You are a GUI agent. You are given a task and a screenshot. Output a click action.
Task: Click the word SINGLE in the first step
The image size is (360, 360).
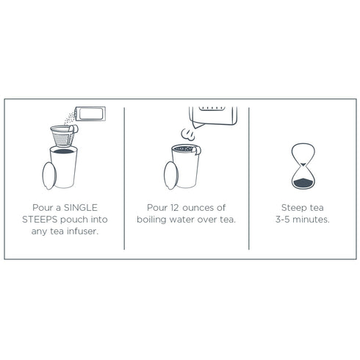click(80, 208)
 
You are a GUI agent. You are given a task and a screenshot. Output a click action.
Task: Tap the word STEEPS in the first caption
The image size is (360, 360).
click(40, 220)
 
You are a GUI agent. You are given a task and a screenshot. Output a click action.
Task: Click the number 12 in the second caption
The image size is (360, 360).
click(175, 208)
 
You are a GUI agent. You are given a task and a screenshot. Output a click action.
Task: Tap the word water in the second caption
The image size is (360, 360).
click(181, 220)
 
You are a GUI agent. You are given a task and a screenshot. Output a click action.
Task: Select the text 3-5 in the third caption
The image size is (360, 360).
click(283, 220)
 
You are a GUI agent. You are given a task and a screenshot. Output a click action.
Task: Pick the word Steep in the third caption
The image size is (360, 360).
click(294, 208)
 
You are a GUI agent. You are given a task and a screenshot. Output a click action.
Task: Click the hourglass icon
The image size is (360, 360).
click(303, 166)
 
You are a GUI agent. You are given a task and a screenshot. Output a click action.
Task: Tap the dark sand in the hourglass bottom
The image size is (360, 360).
click(303, 183)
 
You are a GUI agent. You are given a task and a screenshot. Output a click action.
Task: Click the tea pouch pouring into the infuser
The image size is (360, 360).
click(90, 114)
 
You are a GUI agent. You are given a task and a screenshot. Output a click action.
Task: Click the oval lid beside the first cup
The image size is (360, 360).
click(49, 176)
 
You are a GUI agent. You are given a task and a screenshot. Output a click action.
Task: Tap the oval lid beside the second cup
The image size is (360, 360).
click(171, 176)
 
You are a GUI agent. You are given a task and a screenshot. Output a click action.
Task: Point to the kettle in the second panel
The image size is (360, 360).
click(213, 116)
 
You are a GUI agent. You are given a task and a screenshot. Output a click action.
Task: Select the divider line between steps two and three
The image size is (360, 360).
click(249, 179)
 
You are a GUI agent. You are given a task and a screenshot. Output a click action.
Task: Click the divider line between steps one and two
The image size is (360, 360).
click(124, 179)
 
